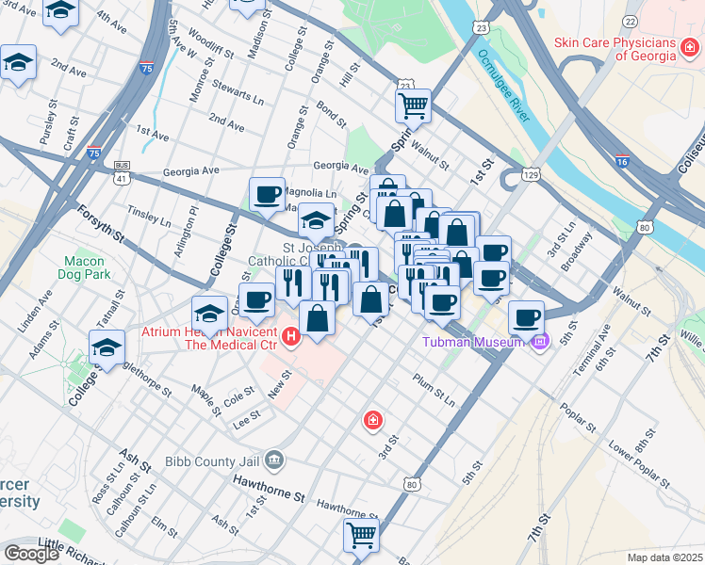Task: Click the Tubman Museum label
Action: (471, 342)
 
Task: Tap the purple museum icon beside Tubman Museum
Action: (539, 341)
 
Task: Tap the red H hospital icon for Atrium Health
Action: (292, 336)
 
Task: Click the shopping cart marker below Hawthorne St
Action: (361, 535)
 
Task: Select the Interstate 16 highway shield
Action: (621, 162)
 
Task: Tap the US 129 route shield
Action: (532, 175)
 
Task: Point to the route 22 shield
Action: (630, 22)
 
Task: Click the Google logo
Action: (31, 554)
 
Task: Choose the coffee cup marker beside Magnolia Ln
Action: (268, 194)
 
